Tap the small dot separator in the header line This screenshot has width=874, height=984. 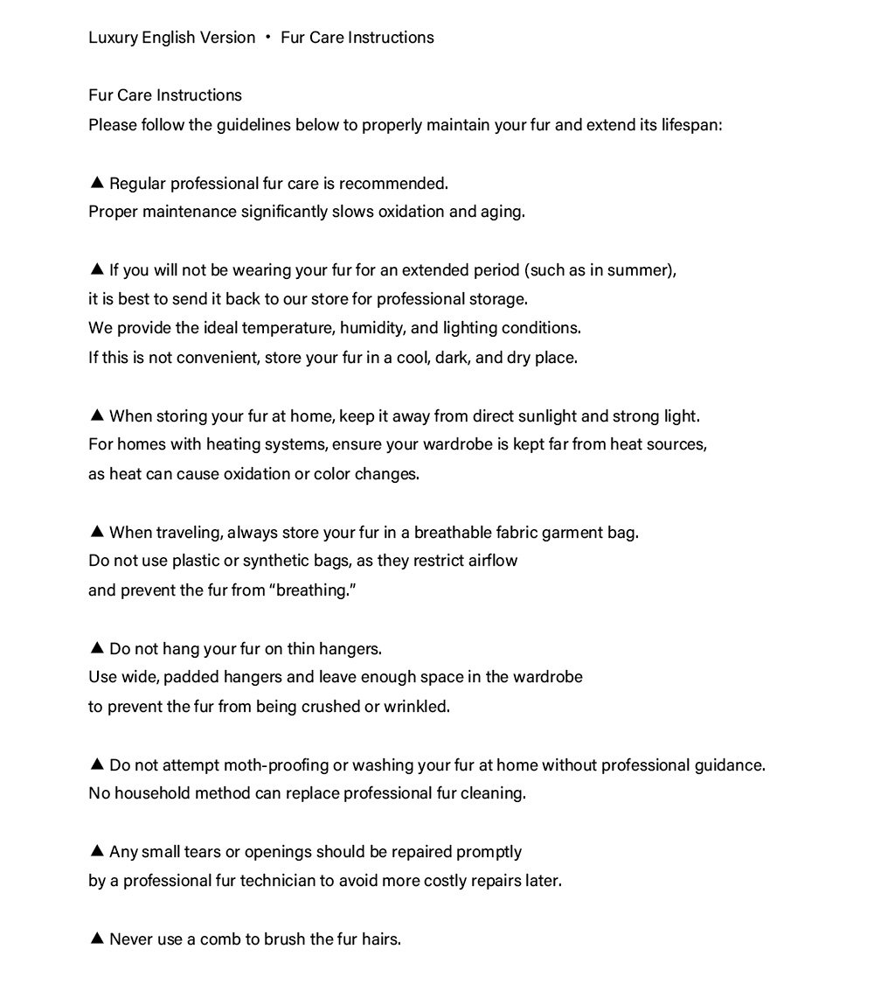click(x=268, y=38)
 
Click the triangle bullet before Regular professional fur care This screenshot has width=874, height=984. click(x=97, y=183)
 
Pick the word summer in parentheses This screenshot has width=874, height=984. click(x=642, y=270)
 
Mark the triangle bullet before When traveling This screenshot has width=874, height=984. click(x=97, y=532)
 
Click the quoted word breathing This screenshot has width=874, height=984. click(x=316, y=590)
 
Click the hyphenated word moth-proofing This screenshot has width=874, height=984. click(x=275, y=765)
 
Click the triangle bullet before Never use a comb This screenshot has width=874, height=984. click(x=97, y=939)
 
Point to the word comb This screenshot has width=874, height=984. click(x=220, y=939)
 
